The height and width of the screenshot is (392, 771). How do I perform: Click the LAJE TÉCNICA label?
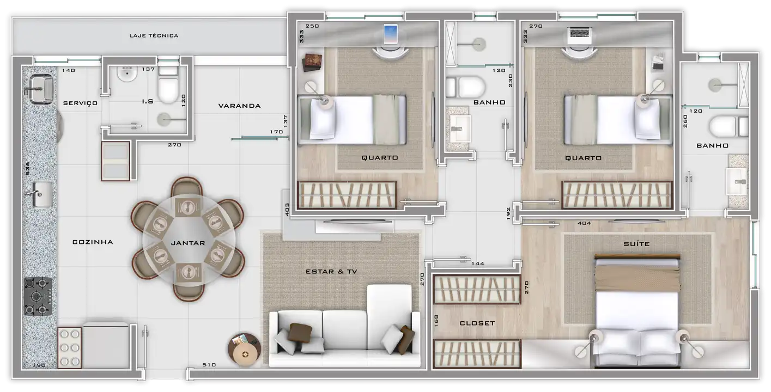click(x=154, y=35)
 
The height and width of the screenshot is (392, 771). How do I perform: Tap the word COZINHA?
click(x=93, y=242)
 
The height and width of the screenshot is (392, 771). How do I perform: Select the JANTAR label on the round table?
click(x=188, y=243)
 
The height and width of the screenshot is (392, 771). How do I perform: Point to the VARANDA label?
click(x=240, y=106)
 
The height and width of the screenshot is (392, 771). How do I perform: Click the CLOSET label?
click(x=477, y=323)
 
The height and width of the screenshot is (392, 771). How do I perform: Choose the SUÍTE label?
click(x=637, y=244)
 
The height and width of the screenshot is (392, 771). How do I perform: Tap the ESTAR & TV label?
click(x=331, y=272)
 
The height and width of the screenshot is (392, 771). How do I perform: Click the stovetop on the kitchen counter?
click(x=38, y=296)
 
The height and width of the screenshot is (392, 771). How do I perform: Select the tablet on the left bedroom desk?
click(x=390, y=34)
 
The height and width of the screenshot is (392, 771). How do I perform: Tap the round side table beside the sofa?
click(x=245, y=350)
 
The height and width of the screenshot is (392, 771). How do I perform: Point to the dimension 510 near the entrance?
click(x=209, y=365)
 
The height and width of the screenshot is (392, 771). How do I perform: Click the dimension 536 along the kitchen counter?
click(x=27, y=168)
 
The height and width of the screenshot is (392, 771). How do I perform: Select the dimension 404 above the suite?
click(x=584, y=223)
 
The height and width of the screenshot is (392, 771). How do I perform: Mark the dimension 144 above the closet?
click(x=478, y=264)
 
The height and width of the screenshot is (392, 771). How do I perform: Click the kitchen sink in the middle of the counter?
click(x=41, y=194)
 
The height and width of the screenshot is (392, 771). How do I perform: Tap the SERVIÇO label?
click(x=80, y=103)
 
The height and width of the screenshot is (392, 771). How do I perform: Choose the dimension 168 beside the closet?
click(x=436, y=321)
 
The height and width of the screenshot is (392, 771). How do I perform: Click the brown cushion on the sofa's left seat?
click(x=300, y=333)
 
